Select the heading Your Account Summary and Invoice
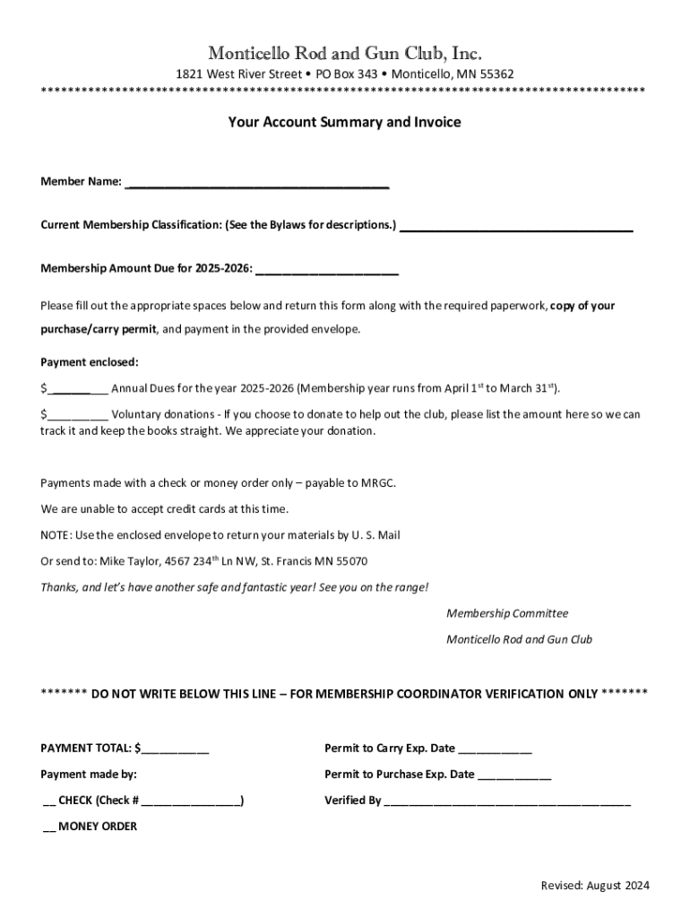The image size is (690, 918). [x=344, y=122]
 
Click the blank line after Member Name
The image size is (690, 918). [x=257, y=184]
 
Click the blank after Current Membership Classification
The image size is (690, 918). [x=515, y=226]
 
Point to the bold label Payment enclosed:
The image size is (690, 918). [x=90, y=362]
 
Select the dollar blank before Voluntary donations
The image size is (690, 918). [x=78, y=416]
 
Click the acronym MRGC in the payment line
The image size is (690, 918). [x=377, y=483]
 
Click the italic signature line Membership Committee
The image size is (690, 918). [x=507, y=614]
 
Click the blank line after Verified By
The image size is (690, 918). [x=507, y=801]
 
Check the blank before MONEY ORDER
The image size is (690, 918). [x=49, y=827]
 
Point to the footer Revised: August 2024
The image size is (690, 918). [x=595, y=886]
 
